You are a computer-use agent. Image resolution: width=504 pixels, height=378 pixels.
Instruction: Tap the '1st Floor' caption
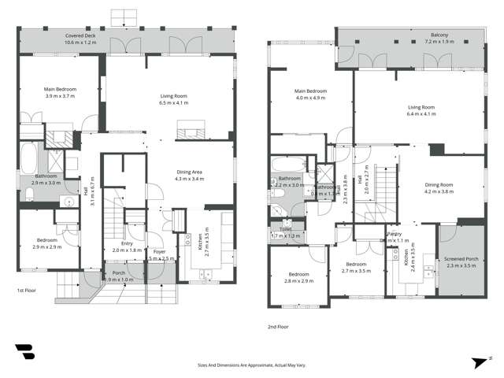click(x=28, y=291)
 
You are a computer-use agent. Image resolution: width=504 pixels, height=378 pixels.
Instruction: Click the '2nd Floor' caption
click(x=280, y=325)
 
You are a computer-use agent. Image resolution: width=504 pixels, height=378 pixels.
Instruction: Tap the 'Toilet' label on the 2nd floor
click(x=285, y=229)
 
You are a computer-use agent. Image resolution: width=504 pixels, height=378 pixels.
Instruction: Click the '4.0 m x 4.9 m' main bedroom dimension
click(x=310, y=98)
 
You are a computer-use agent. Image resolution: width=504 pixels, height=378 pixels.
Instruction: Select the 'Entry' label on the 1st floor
click(x=127, y=243)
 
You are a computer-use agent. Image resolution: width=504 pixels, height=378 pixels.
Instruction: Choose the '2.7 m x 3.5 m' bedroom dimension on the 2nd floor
click(x=356, y=270)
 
